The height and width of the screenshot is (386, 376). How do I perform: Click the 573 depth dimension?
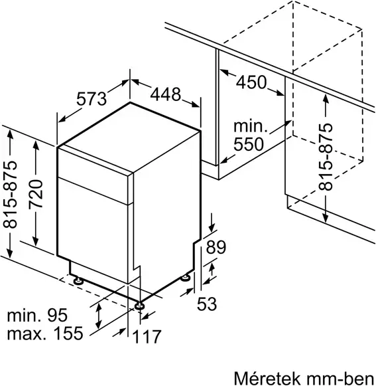(92, 100)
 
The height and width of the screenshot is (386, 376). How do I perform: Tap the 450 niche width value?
(251, 82)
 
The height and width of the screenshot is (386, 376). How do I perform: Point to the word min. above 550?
(249, 126)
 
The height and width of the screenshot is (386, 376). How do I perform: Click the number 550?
(249, 143)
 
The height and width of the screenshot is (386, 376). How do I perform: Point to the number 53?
(208, 305)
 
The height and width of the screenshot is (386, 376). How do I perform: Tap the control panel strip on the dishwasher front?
(94, 189)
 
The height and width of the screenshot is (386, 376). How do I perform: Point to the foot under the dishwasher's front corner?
(140, 306)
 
